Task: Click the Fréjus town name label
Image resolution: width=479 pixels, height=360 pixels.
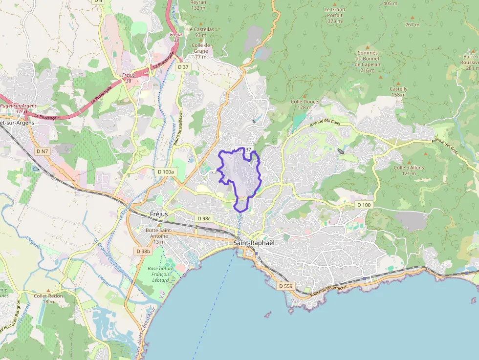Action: click(158, 214)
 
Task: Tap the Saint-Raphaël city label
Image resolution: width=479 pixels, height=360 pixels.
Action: click(254, 243)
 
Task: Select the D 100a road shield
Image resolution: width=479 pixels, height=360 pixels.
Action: click(166, 172)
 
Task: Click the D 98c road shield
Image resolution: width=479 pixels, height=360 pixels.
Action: click(203, 218)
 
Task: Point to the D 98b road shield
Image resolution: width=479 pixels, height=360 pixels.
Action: click(143, 251)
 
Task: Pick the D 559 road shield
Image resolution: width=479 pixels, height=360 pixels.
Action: click(285, 285)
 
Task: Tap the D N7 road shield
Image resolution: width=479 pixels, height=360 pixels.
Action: click(43, 151)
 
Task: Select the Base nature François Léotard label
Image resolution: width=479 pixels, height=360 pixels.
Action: click(160, 275)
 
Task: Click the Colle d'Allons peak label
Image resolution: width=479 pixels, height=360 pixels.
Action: click(409, 170)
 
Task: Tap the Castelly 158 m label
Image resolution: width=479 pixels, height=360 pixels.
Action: click(398, 92)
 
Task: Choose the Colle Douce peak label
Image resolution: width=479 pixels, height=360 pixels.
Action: click(304, 104)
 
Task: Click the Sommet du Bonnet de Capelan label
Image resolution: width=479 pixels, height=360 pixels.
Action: click(367, 62)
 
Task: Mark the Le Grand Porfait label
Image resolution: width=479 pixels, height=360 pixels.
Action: click(334, 15)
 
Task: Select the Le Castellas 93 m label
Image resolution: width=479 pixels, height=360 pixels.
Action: click(200, 32)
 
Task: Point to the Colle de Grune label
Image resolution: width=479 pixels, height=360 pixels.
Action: click(200, 51)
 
